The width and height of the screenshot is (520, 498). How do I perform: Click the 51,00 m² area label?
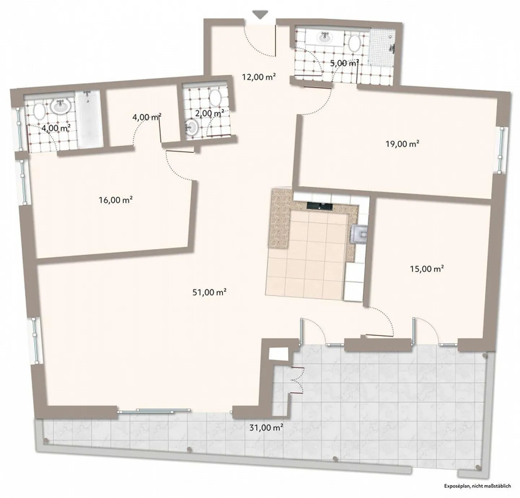tap(209, 292)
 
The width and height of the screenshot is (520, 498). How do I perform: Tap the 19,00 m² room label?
tap(402, 144)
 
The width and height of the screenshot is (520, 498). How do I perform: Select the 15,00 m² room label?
tap(427, 269)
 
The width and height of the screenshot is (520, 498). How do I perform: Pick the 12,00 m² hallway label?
tap(259, 77)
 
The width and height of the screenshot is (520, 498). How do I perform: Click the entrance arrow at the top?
tap(260, 15)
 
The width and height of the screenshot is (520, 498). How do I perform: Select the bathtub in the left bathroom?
tap(88, 119)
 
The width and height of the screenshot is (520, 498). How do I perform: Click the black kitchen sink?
tap(320, 206)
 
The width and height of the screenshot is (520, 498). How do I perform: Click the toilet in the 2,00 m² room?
tap(216, 97)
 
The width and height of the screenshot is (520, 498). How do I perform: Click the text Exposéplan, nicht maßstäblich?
tap(477, 486)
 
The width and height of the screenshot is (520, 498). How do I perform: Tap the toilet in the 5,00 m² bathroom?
tap(354, 43)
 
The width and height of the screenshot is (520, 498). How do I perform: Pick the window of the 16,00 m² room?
tap(23, 182)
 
